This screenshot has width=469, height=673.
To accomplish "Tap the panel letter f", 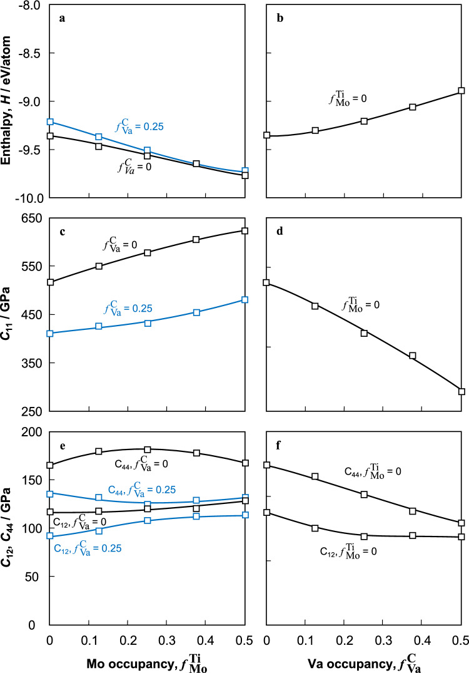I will tap(280, 447).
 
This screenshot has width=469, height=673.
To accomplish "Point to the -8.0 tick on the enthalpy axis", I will tap(29, 6).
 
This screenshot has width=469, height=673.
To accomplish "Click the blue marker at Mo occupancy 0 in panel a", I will tap(50, 121).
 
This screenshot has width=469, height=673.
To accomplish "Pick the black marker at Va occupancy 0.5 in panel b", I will tap(461, 91).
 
